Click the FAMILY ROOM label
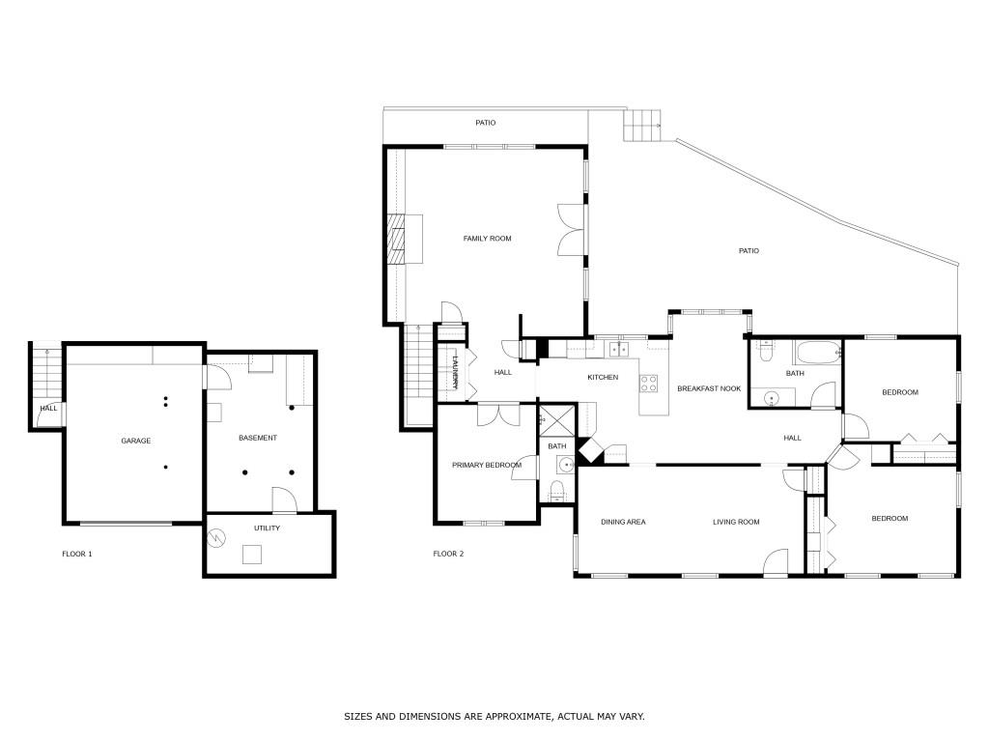[487, 239]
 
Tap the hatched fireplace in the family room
[395, 239]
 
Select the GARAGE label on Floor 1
[135, 441]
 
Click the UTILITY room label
[267, 528]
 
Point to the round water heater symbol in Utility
[217, 538]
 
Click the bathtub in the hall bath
[818, 352]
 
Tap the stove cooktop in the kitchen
[649, 383]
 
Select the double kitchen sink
[619, 349]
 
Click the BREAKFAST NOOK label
[709, 388]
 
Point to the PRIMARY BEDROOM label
[487, 466]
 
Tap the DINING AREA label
[623, 522]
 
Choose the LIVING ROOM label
[736, 522]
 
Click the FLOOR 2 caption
[448, 554]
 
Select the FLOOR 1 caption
[77, 554]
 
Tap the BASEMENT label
[257, 438]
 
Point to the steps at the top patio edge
[642, 126]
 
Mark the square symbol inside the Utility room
[252, 555]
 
